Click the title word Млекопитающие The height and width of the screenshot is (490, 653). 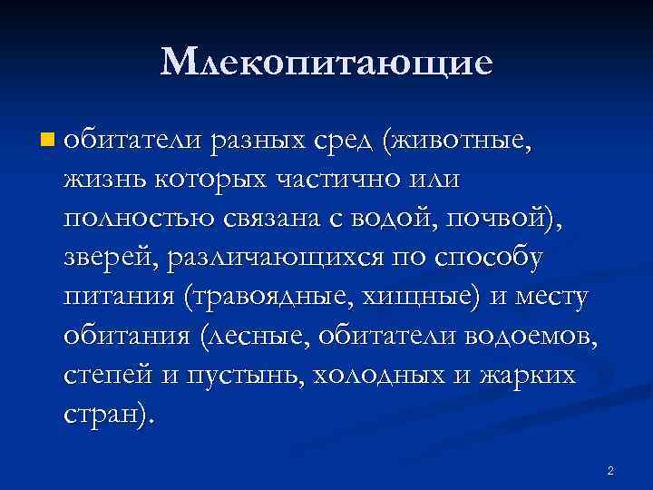pyautogui.click(x=326, y=63)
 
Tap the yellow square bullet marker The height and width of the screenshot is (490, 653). pyautogui.click(x=47, y=141)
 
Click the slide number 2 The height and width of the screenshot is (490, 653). pyautogui.click(x=610, y=471)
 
